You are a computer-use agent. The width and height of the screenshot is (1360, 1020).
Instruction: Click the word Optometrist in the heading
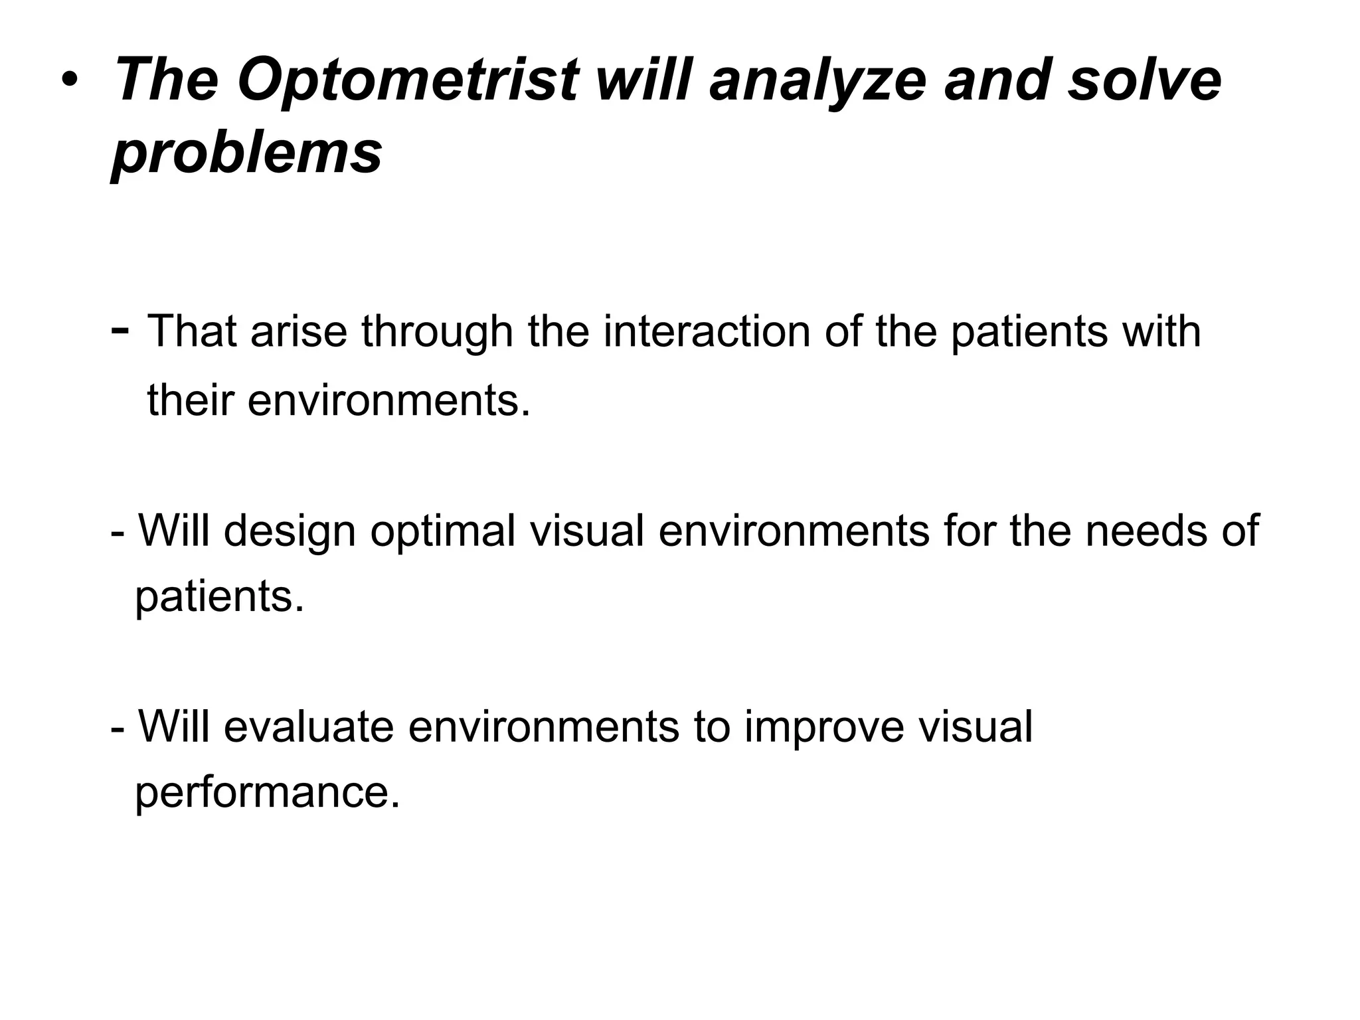pos(407,81)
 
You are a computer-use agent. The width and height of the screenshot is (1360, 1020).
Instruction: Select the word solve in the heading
pos(1144,81)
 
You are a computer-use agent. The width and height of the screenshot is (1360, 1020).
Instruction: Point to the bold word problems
pos(246,153)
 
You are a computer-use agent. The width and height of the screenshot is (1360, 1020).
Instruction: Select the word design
pos(290,531)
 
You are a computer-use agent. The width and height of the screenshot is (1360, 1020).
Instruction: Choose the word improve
pos(824,726)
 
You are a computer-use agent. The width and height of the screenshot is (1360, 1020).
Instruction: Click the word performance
pos(268,792)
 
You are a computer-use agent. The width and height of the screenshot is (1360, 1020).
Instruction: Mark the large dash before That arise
pos(121,329)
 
